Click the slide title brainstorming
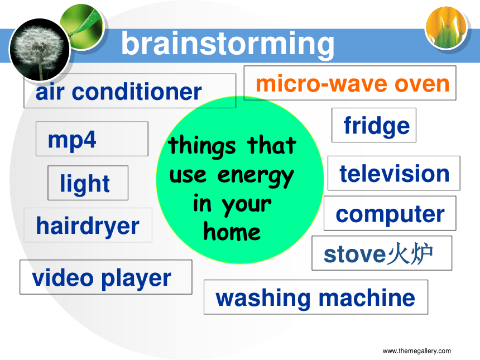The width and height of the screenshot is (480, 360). coord(228,45)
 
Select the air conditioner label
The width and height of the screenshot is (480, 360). coord(130,91)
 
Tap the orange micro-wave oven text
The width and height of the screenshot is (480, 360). coord(353,84)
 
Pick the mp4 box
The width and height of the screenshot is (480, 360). coord(92,139)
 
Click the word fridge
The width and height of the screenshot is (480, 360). coord(377,126)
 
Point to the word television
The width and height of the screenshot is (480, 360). coord(395,173)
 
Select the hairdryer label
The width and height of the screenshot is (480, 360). coord(88,225)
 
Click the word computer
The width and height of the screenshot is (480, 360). coord(390,214)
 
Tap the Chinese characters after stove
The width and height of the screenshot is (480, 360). coord(410,253)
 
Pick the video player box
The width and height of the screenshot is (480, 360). coord(106,277)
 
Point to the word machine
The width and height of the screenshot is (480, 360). coord(367,297)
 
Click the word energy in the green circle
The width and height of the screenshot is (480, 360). coord(256,176)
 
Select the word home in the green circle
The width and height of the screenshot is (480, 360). coord(232,232)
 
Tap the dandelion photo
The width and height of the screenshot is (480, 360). coord(40,50)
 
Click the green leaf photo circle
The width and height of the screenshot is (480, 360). coord(82,27)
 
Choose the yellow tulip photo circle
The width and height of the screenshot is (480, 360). coord(447,27)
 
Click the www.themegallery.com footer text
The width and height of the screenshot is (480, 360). coord(416,351)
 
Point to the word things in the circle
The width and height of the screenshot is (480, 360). coord(202,146)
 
